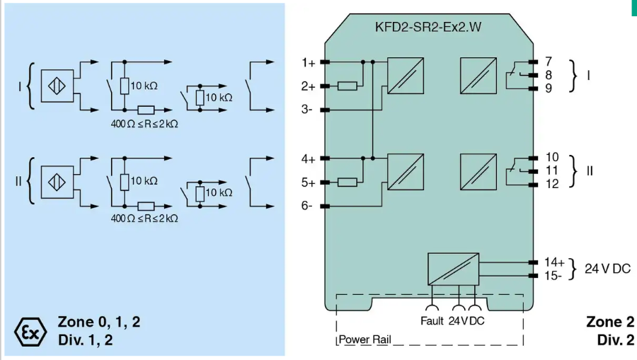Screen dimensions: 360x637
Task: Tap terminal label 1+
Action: tap(307, 62)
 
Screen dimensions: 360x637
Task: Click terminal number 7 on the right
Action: tap(549, 62)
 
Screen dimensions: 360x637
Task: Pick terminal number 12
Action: tap(552, 184)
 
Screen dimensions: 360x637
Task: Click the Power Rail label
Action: tap(365, 339)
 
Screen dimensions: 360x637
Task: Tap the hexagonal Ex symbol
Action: tap(30, 331)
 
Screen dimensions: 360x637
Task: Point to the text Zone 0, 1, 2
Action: tap(98, 323)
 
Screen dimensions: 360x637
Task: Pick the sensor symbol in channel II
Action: tap(57, 181)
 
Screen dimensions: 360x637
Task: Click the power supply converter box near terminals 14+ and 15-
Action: tap(453, 269)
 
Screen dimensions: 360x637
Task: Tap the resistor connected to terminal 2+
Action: tap(347, 86)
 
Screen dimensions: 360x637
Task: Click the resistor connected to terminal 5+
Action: tap(347, 182)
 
